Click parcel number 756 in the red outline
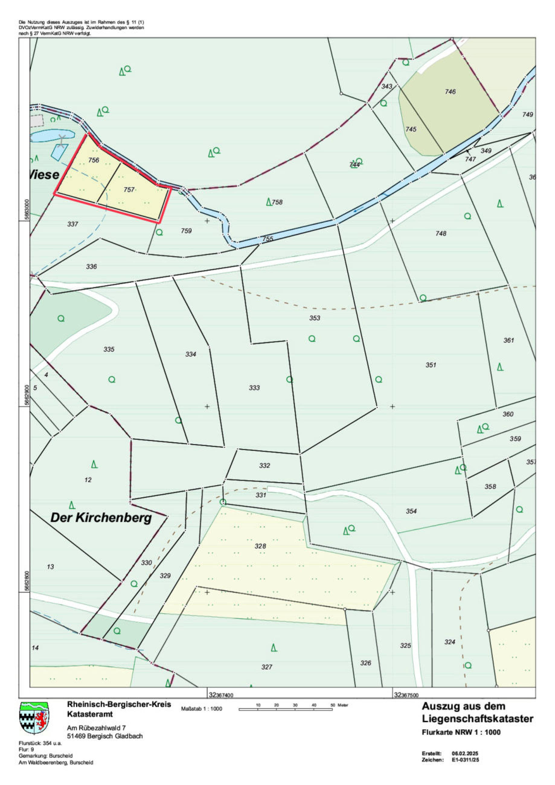(x=93, y=160)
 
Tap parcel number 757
(x=129, y=190)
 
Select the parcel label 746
(x=450, y=91)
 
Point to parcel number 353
(x=315, y=318)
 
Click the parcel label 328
(x=260, y=546)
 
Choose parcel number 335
(x=109, y=349)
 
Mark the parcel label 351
(x=431, y=365)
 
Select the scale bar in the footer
(x=286, y=710)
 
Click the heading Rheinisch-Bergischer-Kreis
(x=119, y=704)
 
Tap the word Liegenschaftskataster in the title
(x=477, y=719)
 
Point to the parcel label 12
(x=88, y=480)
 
